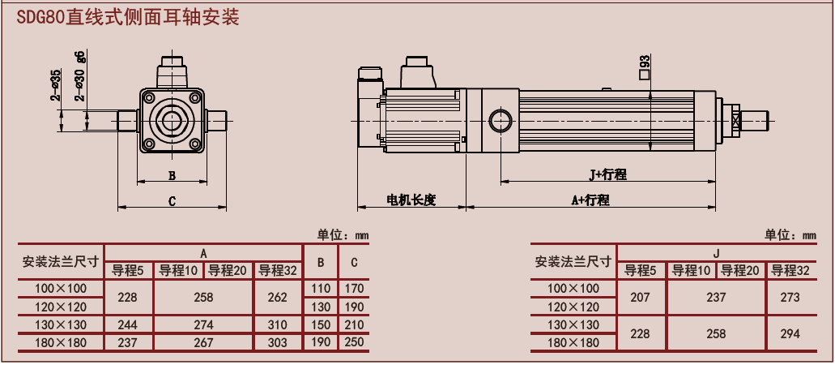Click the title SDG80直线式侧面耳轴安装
[128, 17]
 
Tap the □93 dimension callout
[645, 67]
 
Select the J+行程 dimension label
[607, 174]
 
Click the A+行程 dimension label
[590, 200]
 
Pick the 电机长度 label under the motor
[411, 200]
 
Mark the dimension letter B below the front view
[172, 175]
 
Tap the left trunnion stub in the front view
[128, 120]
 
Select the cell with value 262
[278, 297]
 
